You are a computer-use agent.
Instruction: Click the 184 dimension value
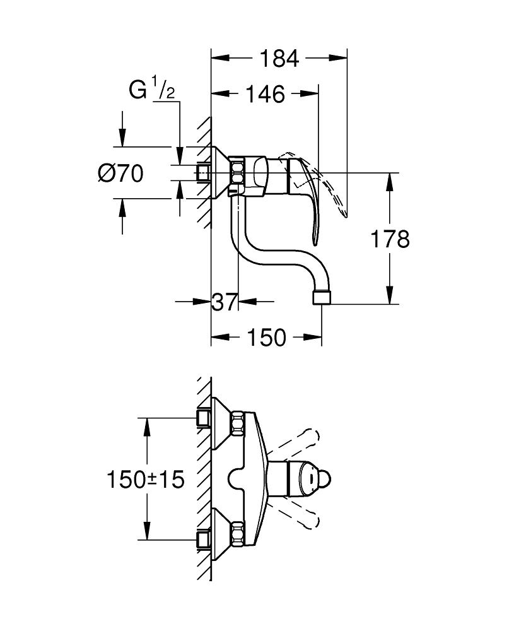pyautogui.click(x=279, y=59)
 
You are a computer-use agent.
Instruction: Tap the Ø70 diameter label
pyautogui.click(x=121, y=172)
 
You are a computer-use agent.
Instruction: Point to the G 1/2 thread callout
pyautogui.click(x=151, y=90)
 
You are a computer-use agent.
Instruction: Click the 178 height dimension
pyautogui.click(x=390, y=239)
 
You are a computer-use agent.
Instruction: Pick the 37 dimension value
pyautogui.click(x=225, y=302)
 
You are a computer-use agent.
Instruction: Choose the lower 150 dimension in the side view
pyautogui.click(x=264, y=338)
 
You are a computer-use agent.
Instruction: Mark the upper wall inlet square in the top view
pyautogui.click(x=203, y=417)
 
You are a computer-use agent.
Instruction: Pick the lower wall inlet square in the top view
pyautogui.click(x=203, y=539)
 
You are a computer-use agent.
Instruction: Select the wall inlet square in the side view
pyautogui.click(x=203, y=172)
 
